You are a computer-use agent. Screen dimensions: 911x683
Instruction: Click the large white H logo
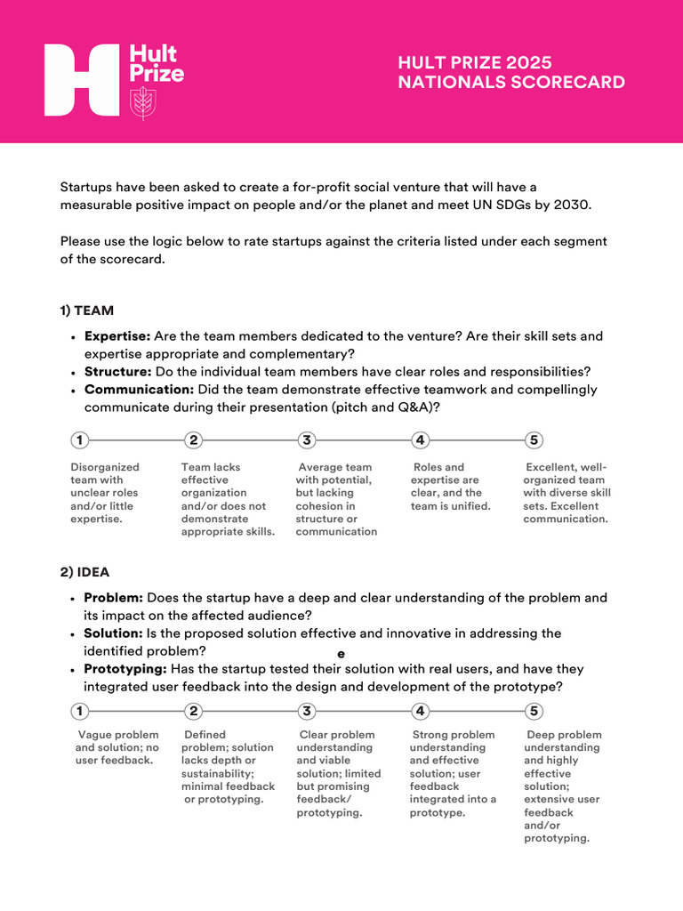[x=82, y=80]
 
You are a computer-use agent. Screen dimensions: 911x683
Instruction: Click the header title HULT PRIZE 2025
[x=475, y=62]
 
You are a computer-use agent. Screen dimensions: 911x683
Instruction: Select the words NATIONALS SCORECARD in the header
[x=510, y=83]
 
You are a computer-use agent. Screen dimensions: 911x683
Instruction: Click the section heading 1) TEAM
[x=86, y=310]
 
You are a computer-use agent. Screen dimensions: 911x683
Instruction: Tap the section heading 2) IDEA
[x=84, y=572]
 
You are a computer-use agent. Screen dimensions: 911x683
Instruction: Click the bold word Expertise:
[x=117, y=336]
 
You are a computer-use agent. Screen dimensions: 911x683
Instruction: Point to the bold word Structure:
[x=117, y=371]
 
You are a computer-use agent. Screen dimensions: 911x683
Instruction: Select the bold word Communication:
[x=139, y=389]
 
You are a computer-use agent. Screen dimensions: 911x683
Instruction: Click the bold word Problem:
[x=113, y=598]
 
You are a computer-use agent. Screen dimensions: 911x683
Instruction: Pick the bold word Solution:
[x=113, y=633]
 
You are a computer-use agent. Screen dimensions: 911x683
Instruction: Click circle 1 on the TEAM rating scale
[x=80, y=440]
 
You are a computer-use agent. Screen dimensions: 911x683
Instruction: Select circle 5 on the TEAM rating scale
[x=534, y=440]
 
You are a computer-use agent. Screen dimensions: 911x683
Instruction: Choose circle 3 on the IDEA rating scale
[x=307, y=711]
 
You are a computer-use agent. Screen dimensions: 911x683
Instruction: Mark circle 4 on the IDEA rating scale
[x=421, y=711]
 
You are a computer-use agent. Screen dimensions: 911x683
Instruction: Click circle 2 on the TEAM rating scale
[x=194, y=440]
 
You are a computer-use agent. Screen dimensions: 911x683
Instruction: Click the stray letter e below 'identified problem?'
[x=341, y=653]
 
